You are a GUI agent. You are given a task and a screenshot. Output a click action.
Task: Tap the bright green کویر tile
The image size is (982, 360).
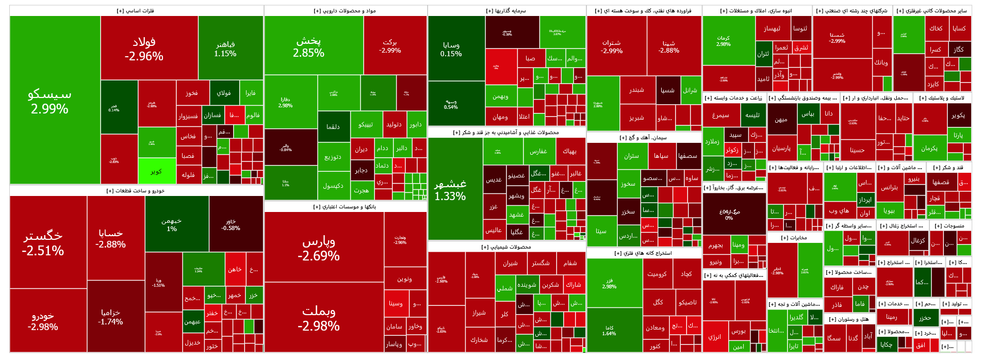click(x=157, y=171)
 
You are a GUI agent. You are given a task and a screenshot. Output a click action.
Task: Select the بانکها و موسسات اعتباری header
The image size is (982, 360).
click(x=345, y=207)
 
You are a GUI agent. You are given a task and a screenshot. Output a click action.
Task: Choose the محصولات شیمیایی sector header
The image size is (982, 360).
click(x=506, y=247)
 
